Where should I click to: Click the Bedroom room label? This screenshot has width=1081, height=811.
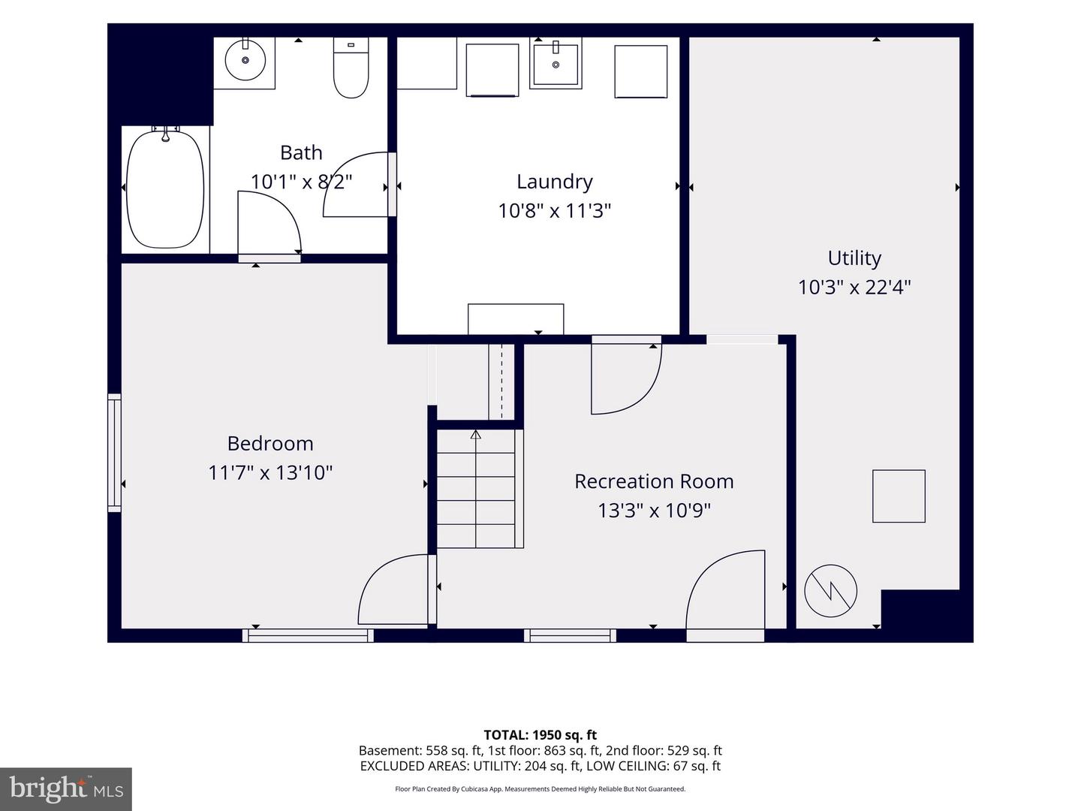tap(270, 444)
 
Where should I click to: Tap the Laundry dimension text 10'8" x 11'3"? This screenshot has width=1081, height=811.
tap(555, 211)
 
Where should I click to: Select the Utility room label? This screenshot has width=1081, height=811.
tap(854, 258)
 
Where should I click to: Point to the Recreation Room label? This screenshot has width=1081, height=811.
tap(654, 481)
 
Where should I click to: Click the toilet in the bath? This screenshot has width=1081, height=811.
tap(351, 68)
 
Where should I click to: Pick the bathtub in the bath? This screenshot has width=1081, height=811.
tap(165, 188)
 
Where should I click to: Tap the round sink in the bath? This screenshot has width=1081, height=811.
tap(245, 60)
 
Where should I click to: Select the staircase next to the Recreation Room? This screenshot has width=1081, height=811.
tap(476, 488)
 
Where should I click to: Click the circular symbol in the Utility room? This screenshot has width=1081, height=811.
tap(830, 591)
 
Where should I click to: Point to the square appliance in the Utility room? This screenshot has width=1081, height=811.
tap(899, 496)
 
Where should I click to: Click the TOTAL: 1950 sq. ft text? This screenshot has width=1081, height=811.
tap(540, 735)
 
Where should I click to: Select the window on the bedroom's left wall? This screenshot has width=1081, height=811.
tap(114, 453)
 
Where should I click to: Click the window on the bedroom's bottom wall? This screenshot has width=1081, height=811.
tap(308, 636)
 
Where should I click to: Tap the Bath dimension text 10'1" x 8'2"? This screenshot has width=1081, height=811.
tap(301, 182)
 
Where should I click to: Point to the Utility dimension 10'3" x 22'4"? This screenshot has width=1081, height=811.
tap(854, 287)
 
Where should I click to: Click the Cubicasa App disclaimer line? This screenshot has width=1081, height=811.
tap(540, 788)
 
